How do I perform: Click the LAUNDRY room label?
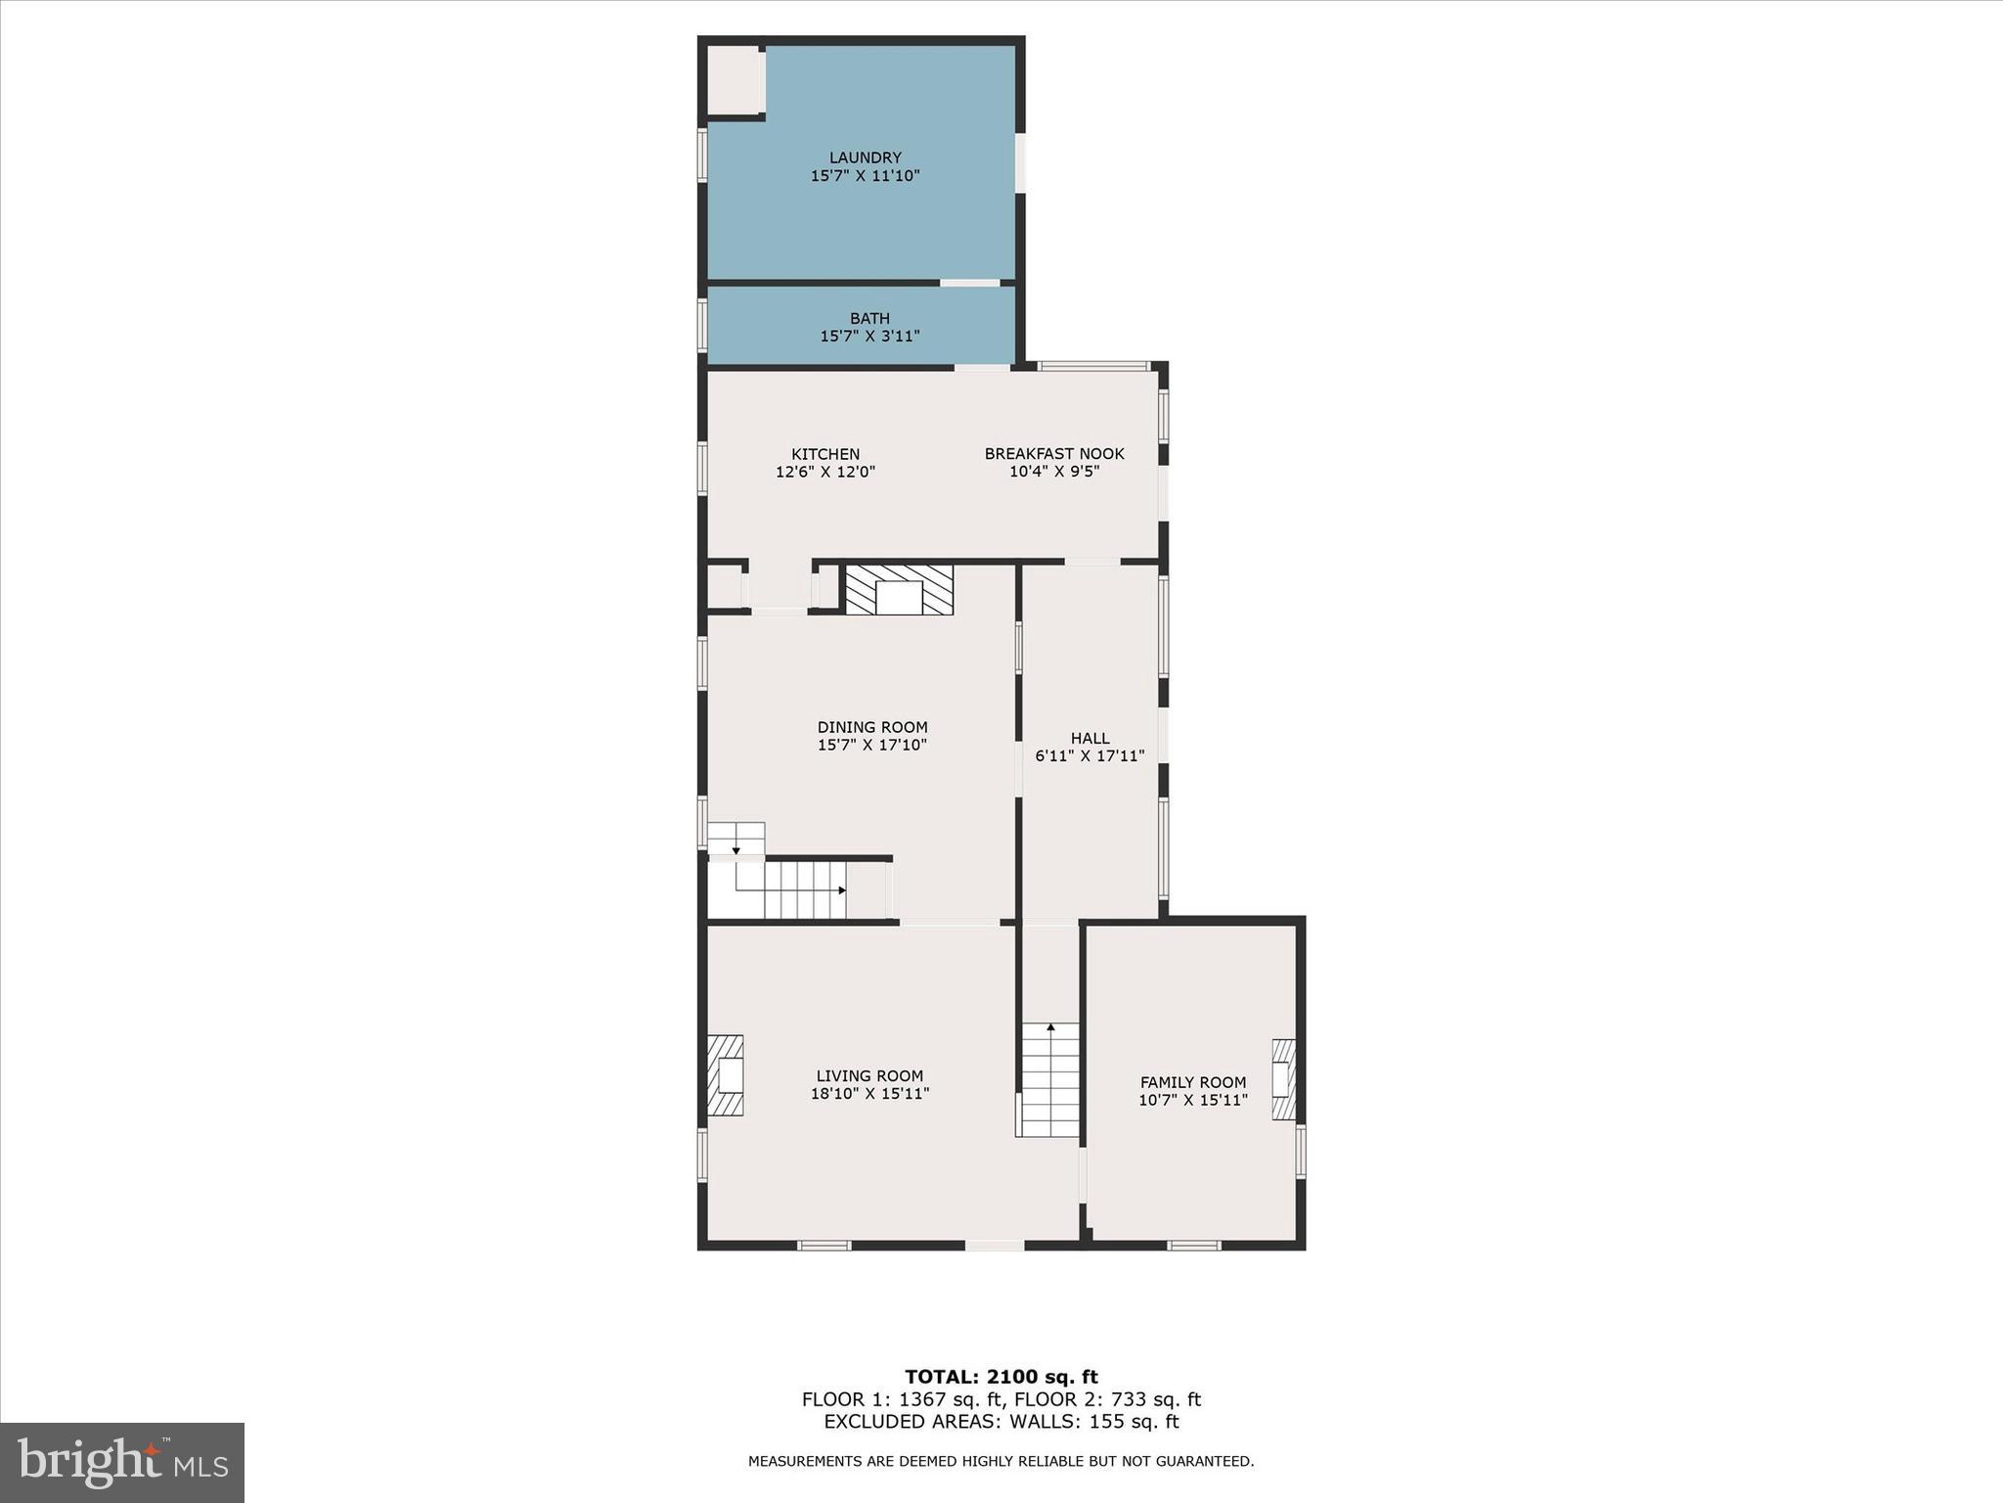pos(865,158)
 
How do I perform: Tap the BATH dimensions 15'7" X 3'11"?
pos(869,337)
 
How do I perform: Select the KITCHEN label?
pos(825,454)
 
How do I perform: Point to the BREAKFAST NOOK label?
pos(1053,454)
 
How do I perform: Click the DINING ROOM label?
pos(871,727)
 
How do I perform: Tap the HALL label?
pos(1090,739)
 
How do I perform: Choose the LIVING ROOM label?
pos(869,1076)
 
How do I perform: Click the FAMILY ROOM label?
pos(1192,1082)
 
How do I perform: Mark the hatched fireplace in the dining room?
pos(899,590)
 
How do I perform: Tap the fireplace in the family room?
pos(1283,1079)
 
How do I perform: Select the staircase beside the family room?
pos(1049,1080)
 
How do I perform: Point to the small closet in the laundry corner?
pos(734,80)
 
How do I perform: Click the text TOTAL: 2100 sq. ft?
pos(1001,1378)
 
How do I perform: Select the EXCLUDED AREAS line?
pos(1001,1422)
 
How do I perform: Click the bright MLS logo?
pos(122,1463)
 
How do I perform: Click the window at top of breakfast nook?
pos(1092,367)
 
